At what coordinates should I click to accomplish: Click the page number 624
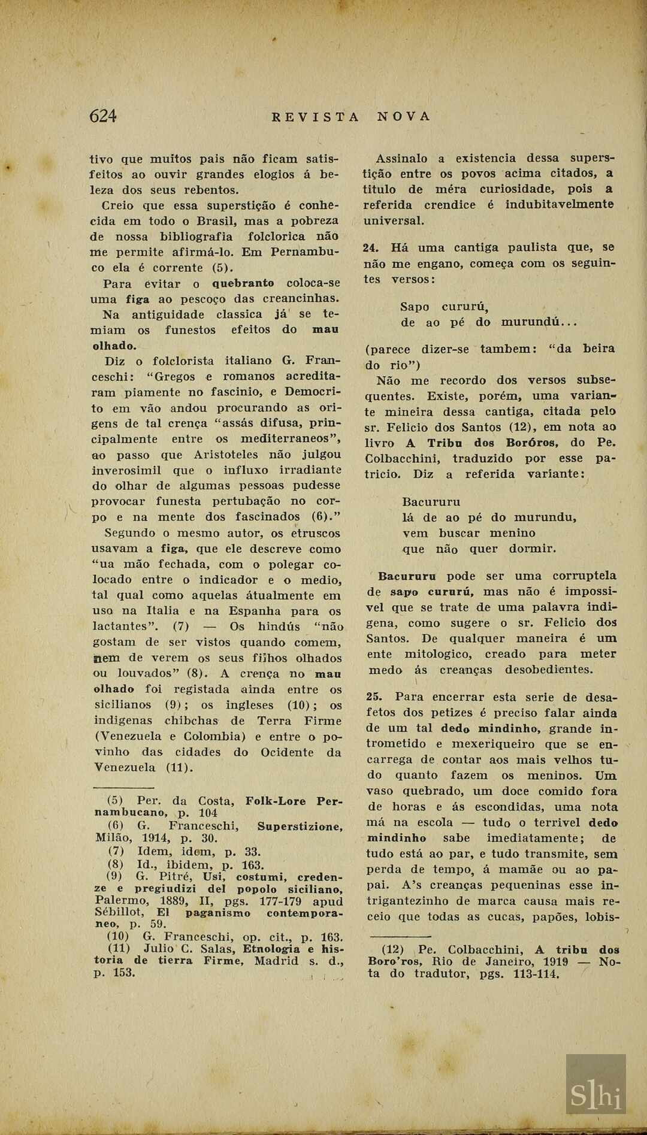click(x=102, y=116)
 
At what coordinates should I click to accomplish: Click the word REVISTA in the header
click(x=315, y=117)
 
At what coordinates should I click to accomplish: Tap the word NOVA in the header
click(x=404, y=116)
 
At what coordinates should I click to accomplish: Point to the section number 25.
click(x=374, y=697)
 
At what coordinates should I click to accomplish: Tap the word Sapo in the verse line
click(x=415, y=307)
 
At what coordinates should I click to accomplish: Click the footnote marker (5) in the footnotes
click(x=115, y=801)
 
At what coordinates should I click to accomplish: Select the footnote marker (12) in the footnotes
click(x=393, y=950)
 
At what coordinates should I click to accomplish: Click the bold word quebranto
click(x=243, y=283)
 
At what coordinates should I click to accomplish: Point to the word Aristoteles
click(x=225, y=455)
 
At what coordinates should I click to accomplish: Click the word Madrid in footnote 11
click(x=276, y=961)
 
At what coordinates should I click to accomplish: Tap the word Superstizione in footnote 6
click(x=300, y=827)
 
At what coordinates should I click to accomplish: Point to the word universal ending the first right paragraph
click(x=394, y=220)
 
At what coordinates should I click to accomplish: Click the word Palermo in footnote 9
click(x=122, y=901)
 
